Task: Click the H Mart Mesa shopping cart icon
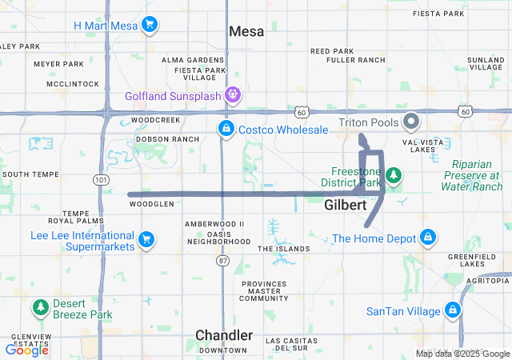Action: [x=148, y=25]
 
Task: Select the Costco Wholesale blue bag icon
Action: [x=226, y=128]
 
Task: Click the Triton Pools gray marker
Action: [x=412, y=122]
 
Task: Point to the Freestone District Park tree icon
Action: [x=392, y=174]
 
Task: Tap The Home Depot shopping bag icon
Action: [x=428, y=238]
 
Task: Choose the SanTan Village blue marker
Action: [x=453, y=310]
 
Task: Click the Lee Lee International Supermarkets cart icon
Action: [x=146, y=239]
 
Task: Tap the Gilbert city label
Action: [x=346, y=206]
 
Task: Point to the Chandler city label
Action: [x=225, y=335]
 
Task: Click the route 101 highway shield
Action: [x=100, y=181]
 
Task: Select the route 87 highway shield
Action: [x=222, y=261]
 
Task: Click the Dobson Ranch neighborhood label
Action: [x=167, y=138]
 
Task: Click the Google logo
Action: [x=27, y=350]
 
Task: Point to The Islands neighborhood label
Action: [x=283, y=249]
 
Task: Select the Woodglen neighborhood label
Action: [x=151, y=204]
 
